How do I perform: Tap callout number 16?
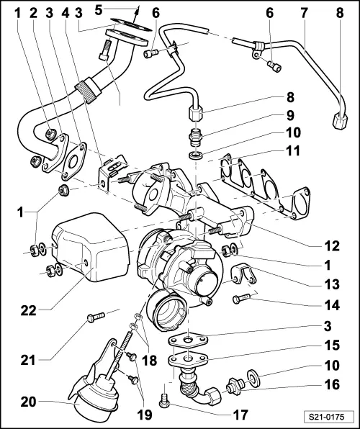coord(332,385)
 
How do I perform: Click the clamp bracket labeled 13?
coord(242,272)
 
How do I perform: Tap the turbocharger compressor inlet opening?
coord(168,313)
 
